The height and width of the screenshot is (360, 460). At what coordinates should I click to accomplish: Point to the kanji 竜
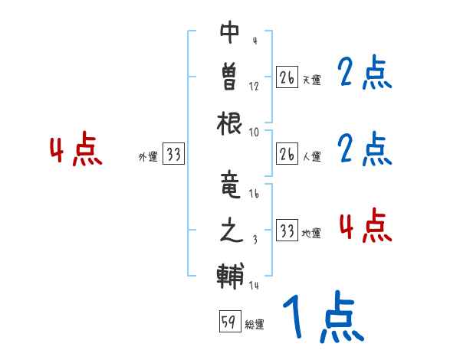point(230,186)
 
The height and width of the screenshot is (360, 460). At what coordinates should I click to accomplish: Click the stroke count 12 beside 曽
point(254,86)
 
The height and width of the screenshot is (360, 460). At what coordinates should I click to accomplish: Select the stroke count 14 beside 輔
point(254,286)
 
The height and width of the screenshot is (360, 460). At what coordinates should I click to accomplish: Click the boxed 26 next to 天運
point(287,78)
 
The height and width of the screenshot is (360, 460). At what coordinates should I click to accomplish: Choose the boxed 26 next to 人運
point(287,155)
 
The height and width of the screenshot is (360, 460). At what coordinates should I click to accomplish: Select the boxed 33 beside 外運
point(173,155)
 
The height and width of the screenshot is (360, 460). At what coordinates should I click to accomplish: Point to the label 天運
point(311,80)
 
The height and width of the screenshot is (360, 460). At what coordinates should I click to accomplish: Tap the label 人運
point(311,157)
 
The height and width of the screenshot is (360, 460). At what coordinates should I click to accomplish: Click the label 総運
point(255,325)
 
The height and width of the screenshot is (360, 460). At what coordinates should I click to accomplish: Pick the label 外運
point(148,157)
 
